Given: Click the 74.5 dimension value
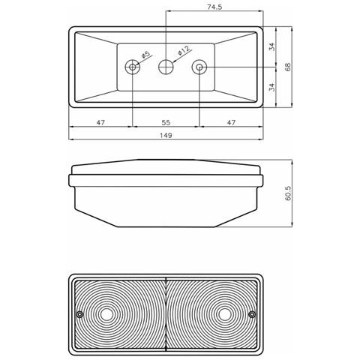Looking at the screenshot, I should click(215, 6).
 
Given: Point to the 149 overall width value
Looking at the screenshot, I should click(166, 136).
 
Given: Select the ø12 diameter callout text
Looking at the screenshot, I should click(183, 51).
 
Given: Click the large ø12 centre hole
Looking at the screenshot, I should click(166, 67).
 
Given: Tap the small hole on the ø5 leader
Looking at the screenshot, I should click(133, 67).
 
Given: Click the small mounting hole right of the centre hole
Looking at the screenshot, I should click(199, 67).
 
